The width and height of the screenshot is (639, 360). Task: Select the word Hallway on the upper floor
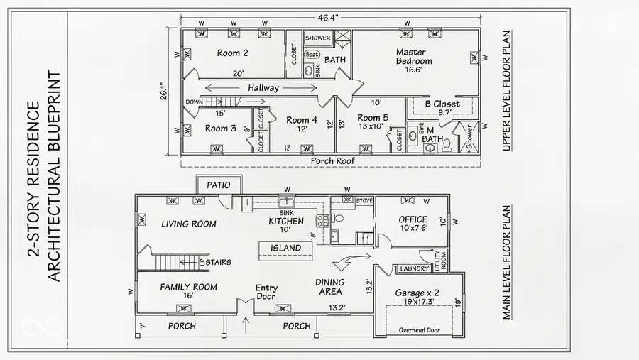[263, 87]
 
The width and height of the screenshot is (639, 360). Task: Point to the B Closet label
[442, 104]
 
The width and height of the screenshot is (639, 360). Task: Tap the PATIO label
[218, 185]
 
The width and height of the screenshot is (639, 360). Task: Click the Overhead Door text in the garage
[420, 329]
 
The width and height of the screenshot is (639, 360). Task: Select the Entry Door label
[267, 293]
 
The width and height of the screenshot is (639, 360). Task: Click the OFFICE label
[413, 219]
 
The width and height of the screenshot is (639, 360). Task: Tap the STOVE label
[364, 200]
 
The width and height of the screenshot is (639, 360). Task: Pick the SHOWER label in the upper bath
[317, 38]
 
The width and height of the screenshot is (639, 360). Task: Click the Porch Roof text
[333, 160]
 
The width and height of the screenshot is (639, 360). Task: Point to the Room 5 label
[373, 117]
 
